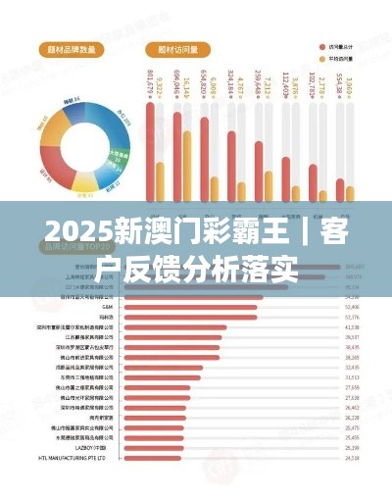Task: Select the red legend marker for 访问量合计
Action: point(321,46)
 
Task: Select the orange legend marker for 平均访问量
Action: point(321,58)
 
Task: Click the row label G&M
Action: point(107,307)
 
